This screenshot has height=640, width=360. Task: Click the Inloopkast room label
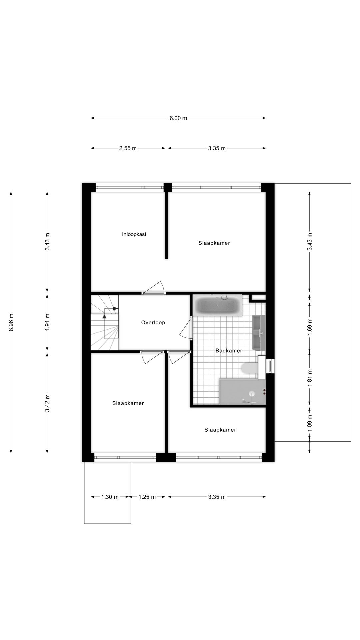134,234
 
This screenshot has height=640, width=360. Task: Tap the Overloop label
153,322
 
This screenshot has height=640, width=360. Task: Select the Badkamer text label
229,350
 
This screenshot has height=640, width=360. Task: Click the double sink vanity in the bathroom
259,332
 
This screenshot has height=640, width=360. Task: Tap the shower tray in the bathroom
242,391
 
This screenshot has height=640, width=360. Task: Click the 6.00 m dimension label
178,118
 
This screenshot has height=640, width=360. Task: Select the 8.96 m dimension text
11,323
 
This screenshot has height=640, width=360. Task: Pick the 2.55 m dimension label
128,148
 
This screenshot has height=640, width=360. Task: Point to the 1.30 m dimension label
110,497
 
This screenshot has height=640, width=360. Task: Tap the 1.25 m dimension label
147,497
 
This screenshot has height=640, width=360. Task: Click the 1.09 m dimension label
310,423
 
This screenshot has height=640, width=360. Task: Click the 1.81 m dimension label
310,378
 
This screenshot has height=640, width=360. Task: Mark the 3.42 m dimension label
47,403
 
